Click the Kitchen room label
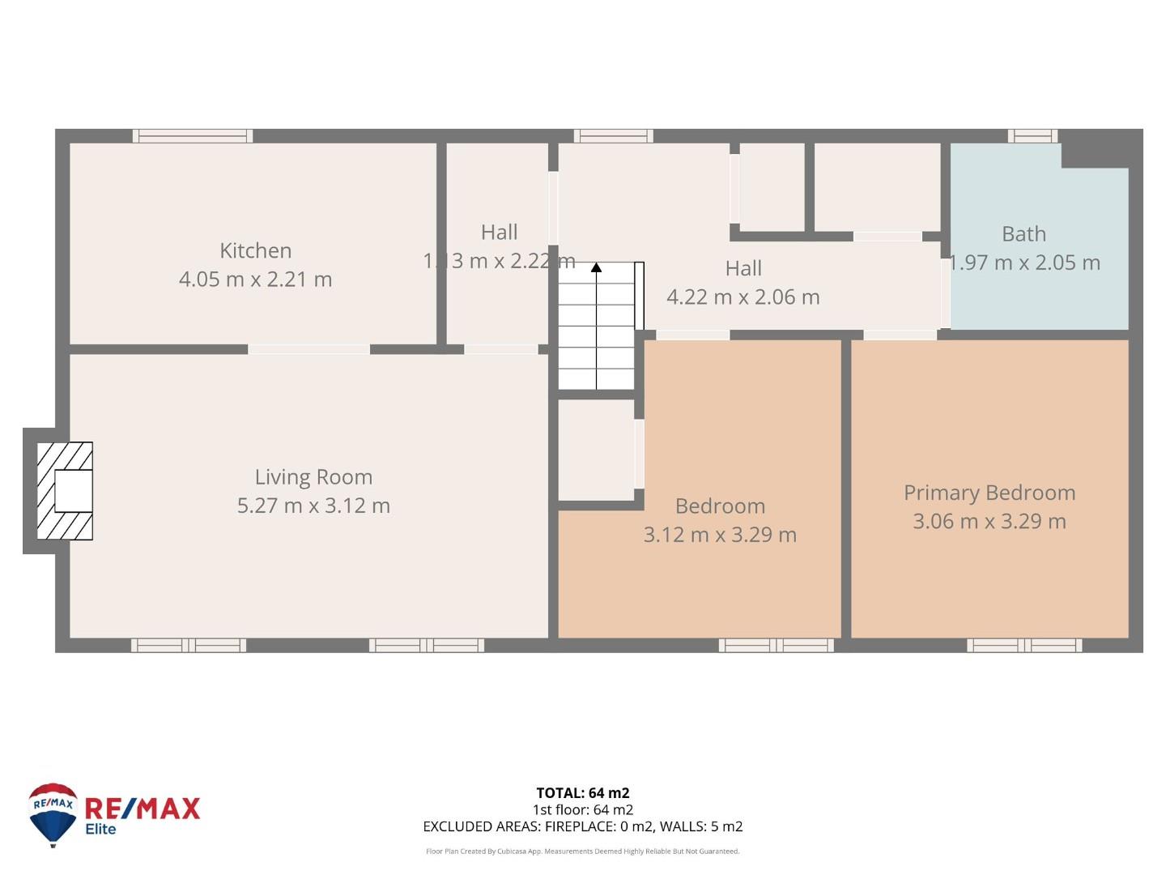coord(255,250)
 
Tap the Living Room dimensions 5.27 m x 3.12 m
coord(313,506)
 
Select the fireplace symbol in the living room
coord(65,491)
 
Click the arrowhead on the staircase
coord(596,267)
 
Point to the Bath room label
coord(1023,234)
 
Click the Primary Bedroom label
coord(989,493)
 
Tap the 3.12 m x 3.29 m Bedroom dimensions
coord(720,535)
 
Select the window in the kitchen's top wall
coord(193,136)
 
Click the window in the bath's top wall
coord(1032,136)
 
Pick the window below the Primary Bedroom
coord(1024,645)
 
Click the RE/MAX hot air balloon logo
coord(53,813)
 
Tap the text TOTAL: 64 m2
coord(582,793)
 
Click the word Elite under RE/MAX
coord(100,829)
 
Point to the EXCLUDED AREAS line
coord(582,826)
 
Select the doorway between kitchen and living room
coord(309,349)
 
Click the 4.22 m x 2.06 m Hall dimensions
coord(743,297)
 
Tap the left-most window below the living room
coord(189,645)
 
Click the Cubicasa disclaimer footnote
coord(582,852)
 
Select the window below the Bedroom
coord(776,645)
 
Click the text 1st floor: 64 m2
coord(582,809)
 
